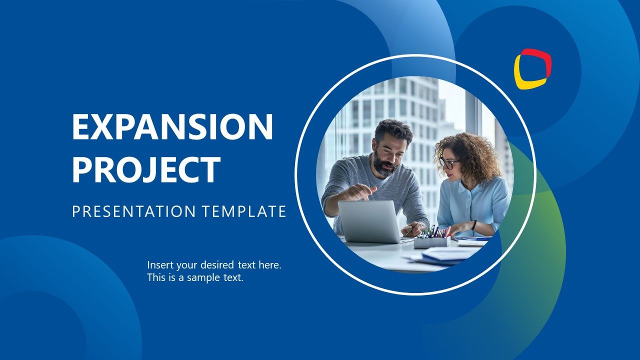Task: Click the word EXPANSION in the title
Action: coord(172,127)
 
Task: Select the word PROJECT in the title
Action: coord(146,170)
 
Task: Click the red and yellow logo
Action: coord(532,68)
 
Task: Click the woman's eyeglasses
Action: coord(448,163)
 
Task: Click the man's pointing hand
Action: coord(359,192)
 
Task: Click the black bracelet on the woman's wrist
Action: coord(473,225)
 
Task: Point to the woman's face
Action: coord(451,167)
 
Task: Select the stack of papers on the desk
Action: coord(445,256)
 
